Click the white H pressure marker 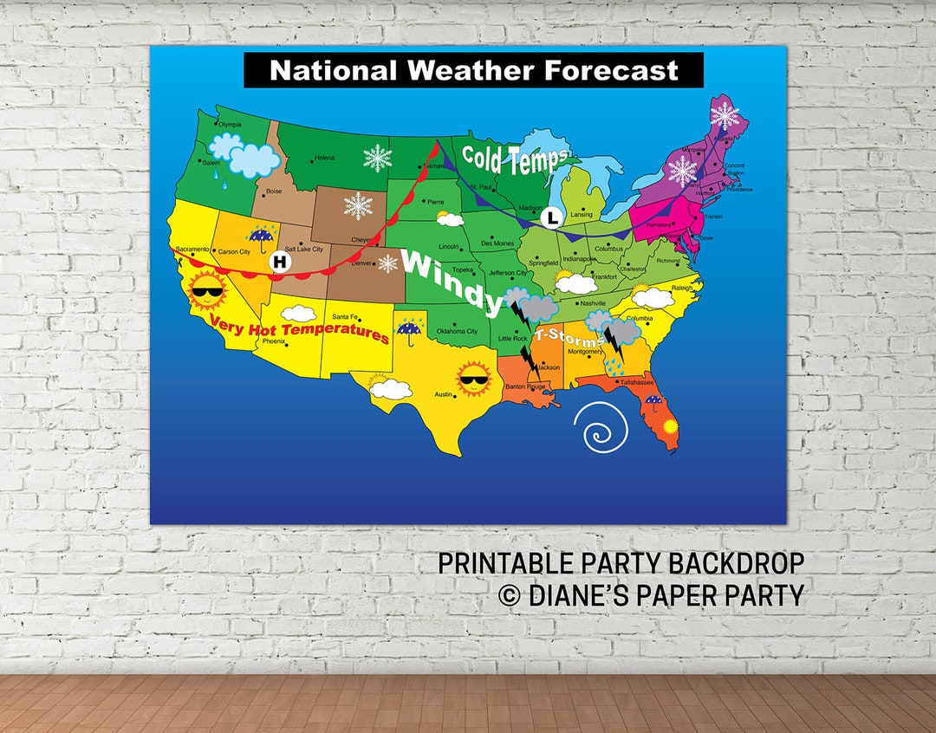pyautogui.click(x=281, y=262)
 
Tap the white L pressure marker pyautogui.click(x=551, y=217)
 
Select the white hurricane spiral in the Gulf pyautogui.click(x=597, y=426)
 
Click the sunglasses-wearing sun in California pyautogui.click(x=207, y=292)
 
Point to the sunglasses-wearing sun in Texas pyautogui.click(x=474, y=379)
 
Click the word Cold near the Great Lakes pyautogui.click(x=490, y=157)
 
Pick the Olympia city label pyautogui.click(x=230, y=125)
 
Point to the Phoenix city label pyautogui.click(x=274, y=341)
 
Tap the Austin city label pyautogui.click(x=444, y=394)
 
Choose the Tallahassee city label pyautogui.click(x=636, y=381)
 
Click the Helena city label pyautogui.click(x=324, y=158)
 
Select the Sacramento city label pyautogui.click(x=192, y=250)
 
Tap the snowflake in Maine pyautogui.click(x=725, y=115)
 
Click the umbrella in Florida pyautogui.click(x=653, y=400)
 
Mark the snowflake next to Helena pyautogui.click(x=377, y=158)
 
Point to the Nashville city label pyautogui.click(x=593, y=303)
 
